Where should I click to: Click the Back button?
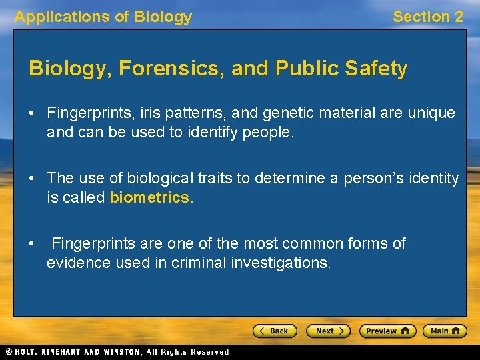(x=274, y=331)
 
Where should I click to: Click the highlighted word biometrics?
(x=151, y=197)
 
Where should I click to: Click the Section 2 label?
(x=427, y=17)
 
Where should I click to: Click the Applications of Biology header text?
(x=103, y=17)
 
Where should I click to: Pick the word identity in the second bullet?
(x=434, y=179)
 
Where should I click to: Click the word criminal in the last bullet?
(x=198, y=263)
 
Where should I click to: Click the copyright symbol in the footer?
(x=9, y=351)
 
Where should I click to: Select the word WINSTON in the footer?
(x=122, y=351)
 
